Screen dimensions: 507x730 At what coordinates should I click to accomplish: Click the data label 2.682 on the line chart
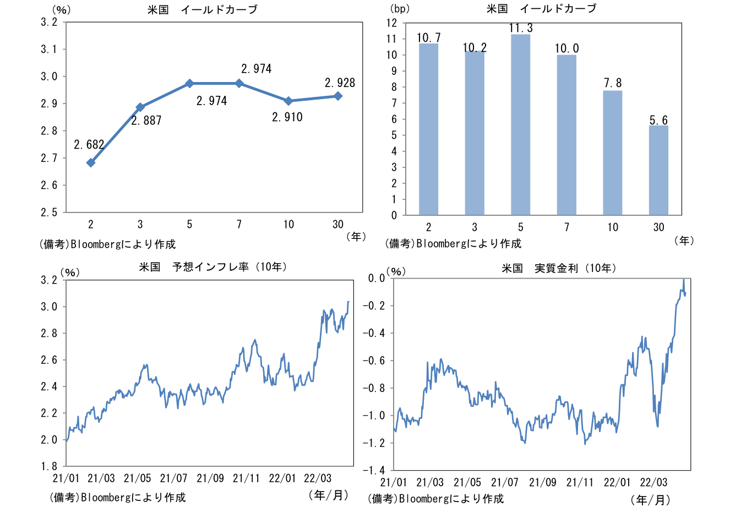pos(89,145)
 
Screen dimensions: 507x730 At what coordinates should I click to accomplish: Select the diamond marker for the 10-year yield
pos(288,101)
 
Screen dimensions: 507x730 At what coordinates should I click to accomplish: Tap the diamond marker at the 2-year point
pos(91,162)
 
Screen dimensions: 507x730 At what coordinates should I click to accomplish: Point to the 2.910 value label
pos(287,117)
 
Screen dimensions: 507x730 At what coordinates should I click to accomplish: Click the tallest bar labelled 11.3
pos(520,124)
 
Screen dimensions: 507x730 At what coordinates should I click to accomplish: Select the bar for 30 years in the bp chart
pos(658,170)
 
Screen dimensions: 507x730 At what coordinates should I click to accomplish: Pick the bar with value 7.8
pos(613,152)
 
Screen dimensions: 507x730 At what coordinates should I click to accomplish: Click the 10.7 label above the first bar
pos(428,38)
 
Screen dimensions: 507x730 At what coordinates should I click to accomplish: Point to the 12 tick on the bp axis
pos(392,23)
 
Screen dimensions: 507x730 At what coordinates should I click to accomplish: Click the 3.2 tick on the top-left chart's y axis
pos(49,22)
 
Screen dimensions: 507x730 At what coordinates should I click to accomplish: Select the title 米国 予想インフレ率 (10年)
pos(212,267)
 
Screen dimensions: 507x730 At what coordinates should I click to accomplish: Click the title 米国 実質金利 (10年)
pos(558,268)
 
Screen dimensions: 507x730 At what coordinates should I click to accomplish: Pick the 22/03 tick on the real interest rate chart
pos(653,483)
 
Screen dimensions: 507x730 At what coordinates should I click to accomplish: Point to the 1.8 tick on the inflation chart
pos(49,466)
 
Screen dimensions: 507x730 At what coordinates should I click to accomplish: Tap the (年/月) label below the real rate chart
pos(650,500)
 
